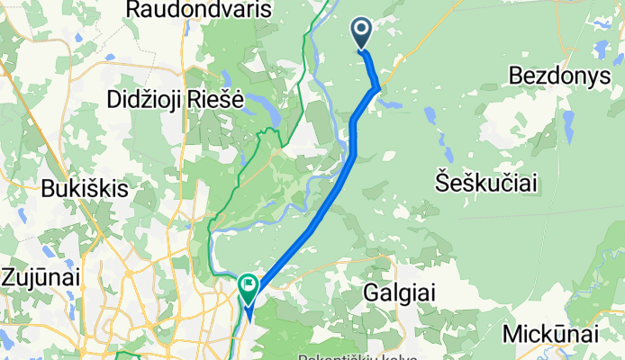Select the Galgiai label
click(x=403, y=292)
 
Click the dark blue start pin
click(x=362, y=35)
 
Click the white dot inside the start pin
click(x=362, y=30)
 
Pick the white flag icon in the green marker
click(x=248, y=285)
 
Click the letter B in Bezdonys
click(x=516, y=73)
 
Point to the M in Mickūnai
click(x=512, y=335)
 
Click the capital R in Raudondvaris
click(x=136, y=10)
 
